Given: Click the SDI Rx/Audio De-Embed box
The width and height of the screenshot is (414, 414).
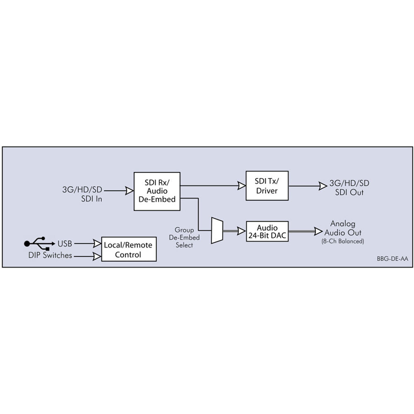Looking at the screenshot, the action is tap(157, 191).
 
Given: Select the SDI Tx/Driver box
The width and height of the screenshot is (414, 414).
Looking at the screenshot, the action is tap(267, 185).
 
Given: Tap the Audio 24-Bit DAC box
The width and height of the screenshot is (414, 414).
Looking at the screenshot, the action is tap(267, 231).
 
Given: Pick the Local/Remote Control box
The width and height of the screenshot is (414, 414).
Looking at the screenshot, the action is tap(129, 249).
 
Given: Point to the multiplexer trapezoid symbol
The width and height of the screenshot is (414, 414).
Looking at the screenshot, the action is tap(217, 231).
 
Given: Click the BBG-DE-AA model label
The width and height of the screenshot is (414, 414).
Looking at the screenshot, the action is tap(392, 259).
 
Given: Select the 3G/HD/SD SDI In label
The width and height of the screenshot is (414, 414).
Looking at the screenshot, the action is tap(82, 194).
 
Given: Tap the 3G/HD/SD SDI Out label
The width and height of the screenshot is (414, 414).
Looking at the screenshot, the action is tap(349, 188).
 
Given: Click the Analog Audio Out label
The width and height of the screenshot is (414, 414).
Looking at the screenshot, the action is tap(343, 228).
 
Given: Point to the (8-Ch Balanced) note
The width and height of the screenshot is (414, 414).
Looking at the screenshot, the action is tap(343, 241).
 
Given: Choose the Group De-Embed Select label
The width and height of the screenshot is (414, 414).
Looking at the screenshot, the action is tap(184, 237).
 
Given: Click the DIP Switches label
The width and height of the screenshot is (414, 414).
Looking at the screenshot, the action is tap(50, 255).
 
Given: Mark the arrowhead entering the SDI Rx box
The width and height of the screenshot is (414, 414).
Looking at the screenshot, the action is tap(129, 190).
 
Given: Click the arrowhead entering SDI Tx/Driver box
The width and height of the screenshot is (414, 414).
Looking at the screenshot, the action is tap(242, 185).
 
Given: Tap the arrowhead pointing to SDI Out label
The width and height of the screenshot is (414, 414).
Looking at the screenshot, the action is tap(323, 186).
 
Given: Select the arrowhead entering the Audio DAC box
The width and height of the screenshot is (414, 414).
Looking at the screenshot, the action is tap(242, 231).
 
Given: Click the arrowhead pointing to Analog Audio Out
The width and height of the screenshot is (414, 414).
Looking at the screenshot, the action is tap(318, 231).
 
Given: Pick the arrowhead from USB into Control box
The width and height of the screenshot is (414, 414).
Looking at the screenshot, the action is tap(97, 243).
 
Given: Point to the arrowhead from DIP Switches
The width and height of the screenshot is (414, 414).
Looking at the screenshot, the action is tap(97, 256).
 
